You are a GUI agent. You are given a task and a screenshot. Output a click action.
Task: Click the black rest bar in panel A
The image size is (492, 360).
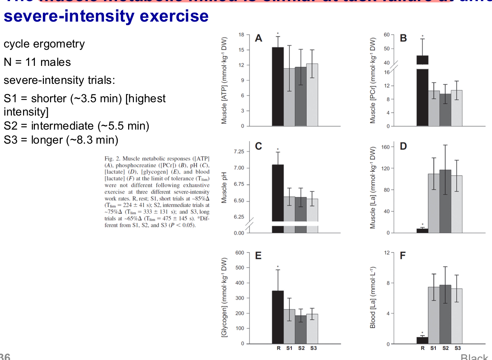pos(277,86)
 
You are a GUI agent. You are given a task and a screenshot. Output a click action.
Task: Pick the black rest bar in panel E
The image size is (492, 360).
pos(277,317)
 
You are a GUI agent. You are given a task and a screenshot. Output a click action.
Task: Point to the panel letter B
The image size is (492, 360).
pos(403,38)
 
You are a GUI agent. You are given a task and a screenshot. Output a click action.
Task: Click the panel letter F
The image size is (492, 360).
pos(402,256)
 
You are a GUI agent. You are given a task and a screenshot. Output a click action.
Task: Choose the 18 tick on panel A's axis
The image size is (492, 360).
pos(241,35)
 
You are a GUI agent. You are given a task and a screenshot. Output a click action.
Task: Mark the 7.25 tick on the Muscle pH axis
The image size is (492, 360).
pos(239,152)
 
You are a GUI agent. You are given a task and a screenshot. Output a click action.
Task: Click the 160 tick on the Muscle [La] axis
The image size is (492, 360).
pos(385,147)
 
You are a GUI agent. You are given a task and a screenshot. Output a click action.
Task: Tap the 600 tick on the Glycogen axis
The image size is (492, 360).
pos(240,253)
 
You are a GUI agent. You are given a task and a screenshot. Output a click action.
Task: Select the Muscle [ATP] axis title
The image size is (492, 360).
pos(224,80)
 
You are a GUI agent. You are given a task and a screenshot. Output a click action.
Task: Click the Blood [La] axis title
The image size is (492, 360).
pos(373,297)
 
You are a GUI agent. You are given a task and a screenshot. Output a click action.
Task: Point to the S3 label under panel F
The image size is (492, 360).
pos(457,348)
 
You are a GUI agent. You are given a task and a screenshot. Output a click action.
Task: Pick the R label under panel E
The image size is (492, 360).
pos(279,348)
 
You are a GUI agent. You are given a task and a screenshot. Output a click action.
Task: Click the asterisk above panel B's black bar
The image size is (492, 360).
pos(423,36)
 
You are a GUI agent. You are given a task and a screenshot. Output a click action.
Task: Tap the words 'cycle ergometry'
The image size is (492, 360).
pos(44,44)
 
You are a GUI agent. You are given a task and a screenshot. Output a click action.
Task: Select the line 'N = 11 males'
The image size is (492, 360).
pos(37,62)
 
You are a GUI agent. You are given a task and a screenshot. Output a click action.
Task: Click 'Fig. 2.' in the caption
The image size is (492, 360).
pos(113,158)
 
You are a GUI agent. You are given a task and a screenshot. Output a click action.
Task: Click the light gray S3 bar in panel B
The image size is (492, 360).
pos(457,108)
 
